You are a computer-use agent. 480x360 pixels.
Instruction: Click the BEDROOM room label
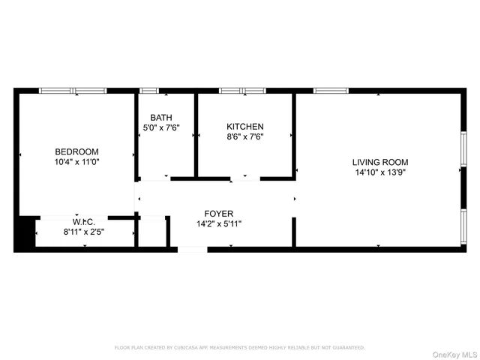pyautogui.click(x=76, y=151)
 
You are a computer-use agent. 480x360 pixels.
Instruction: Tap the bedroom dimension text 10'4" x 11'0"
pyautogui.click(x=76, y=162)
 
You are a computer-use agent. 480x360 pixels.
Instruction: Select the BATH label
pyautogui.click(x=160, y=118)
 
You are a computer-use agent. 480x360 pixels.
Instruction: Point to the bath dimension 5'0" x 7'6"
pyautogui.click(x=160, y=127)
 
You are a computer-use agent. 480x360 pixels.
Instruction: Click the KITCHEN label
pyautogui.click(x=245, y=127)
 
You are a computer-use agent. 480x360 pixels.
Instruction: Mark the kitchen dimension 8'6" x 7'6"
pyautogui.click(x=245, y=136)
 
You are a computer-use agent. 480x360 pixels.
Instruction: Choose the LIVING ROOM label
pyautogui.click(x=380, y=162)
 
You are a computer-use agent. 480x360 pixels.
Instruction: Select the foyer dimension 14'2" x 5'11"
pyautogui.click(x=219, y=223)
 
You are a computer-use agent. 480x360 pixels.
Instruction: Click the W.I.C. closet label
pyautogui.click(x=83, y=222)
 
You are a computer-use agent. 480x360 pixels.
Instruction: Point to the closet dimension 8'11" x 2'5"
pyautogui.click(x=83, y=232)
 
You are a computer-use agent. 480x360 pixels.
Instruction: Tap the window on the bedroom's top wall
pyautogui.click(x=73, y=91)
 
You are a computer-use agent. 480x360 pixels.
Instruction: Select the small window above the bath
pyautogui.click(x=149, y=91)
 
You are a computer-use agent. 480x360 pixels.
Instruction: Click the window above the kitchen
pyautogui.click(x=242, y=91)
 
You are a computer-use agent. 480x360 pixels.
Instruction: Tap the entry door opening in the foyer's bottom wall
pyautogui.click(x=192, y=249)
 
